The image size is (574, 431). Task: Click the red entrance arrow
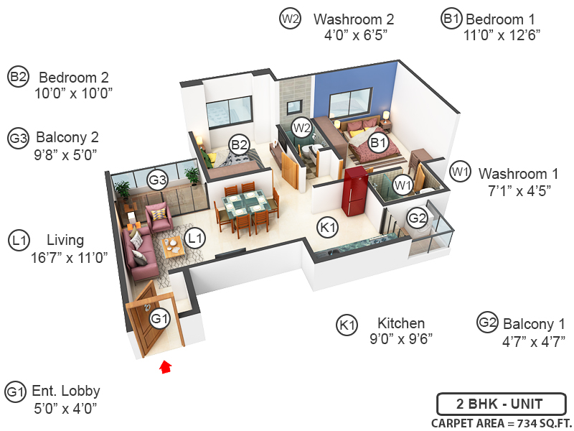coord(166,367)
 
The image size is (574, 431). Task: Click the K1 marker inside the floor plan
coord(328,228)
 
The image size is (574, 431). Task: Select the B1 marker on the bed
coord(377,144)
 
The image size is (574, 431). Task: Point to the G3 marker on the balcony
coord(157,180)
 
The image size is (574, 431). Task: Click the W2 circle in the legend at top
coord(289,19)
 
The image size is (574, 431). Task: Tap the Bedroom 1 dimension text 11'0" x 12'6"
coord(502,34)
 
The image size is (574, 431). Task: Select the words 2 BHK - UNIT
coord(500,402)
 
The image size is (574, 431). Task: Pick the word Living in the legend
coord(65,240)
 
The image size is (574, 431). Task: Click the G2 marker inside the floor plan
coord(417,216)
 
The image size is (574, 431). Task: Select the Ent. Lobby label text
coord(65,391)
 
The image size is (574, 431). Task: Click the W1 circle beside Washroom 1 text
coord(460,172)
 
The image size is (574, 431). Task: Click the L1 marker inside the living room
coord(194,236)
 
